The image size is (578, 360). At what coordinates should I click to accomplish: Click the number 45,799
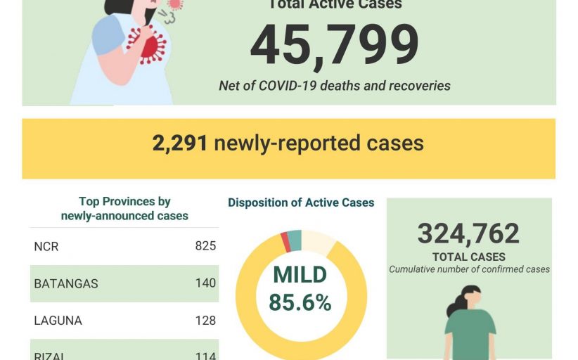click(334, 47)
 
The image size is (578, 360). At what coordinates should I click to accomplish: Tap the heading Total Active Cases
click(335, 5)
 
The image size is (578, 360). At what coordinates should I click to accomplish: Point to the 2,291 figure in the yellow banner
click(180, 143)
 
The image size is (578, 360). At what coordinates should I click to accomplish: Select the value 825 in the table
click(205, 246)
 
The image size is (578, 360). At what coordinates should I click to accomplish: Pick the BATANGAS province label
click(66, 283)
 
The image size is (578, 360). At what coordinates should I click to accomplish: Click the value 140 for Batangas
click(205, 283)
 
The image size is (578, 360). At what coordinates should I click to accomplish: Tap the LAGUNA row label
click(58, 321)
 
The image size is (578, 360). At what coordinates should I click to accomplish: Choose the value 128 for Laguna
click(205, 321)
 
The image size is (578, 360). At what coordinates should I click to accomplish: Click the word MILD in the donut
click(300, 275)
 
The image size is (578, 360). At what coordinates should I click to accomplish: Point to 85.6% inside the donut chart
click(300, 302)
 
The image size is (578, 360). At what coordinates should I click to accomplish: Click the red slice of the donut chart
click(285, 242)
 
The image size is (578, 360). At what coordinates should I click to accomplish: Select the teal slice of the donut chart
click(295, 240)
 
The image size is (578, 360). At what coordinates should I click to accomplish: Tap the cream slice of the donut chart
click(317, 243)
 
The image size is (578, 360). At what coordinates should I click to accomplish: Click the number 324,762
click(468, 233)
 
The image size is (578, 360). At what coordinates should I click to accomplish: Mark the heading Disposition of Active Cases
click(301, 202)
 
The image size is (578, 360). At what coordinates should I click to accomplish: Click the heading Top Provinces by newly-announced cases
click(124, 209)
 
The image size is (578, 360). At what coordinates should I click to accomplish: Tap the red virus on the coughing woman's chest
click(150, 46)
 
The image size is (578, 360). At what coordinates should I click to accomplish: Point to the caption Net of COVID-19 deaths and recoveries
click(335, 86)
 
